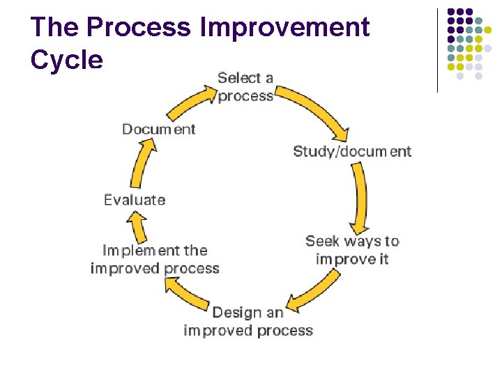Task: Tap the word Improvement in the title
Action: click(x=284, y=28)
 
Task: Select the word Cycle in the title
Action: click(x=67, y=60)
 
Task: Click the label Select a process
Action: click(x=245, y=87)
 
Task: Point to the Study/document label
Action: click(x=352, y=151)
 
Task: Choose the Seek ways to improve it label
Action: click(x=352, y=250)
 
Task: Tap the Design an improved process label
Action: click(x=248, y=321)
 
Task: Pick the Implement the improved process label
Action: click(x=155, y=259)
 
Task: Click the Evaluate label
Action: click(x=135, y=200)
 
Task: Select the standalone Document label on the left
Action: click(x=159, y=129)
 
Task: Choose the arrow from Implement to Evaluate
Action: click(x=138, y=226)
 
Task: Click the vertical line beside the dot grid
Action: click(x=437, y=50)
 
